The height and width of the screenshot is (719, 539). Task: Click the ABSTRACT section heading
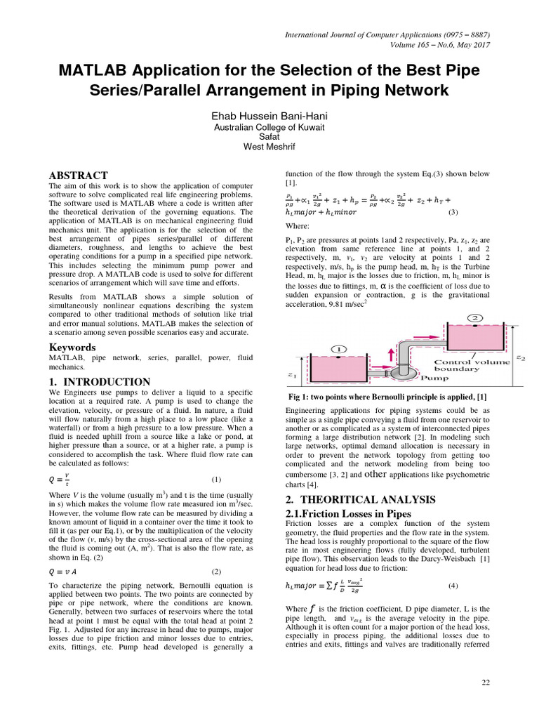coord(78,176)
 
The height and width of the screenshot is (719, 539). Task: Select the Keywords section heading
coord(72,348)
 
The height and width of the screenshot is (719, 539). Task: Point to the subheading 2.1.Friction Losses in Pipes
coord(348,514)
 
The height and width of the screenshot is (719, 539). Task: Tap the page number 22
coord(485,682)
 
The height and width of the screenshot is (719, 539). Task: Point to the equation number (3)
coord(453,212)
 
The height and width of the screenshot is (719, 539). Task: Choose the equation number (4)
coord(453,585)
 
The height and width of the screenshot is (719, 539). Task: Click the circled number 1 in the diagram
coord(337,349)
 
